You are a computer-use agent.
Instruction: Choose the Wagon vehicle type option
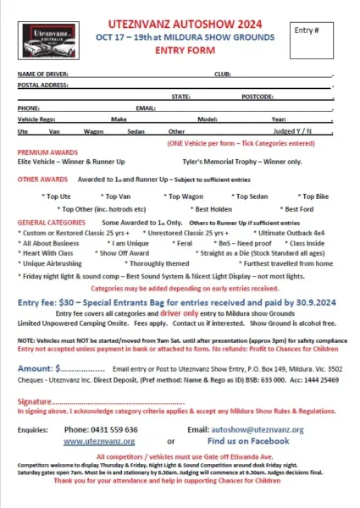point(94,131)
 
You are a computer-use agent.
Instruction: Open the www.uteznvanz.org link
point(99,441)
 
